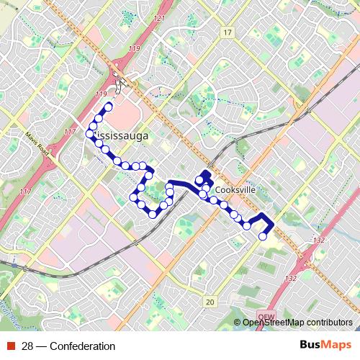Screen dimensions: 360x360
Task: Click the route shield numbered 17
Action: [x=228, y=33]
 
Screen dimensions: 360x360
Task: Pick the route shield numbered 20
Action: [x=210, y=302]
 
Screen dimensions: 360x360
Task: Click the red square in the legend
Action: [x=11, y=346]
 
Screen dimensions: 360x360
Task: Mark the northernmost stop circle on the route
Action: [x=109, y=107]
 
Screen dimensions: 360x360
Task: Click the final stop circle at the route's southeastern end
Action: [x=263, y=235]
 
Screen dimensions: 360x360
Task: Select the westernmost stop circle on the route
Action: [x=90, y=135]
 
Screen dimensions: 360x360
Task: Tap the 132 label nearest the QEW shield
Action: [x=291, y=278]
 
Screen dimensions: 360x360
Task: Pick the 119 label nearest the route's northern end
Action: [x=100, y=94]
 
